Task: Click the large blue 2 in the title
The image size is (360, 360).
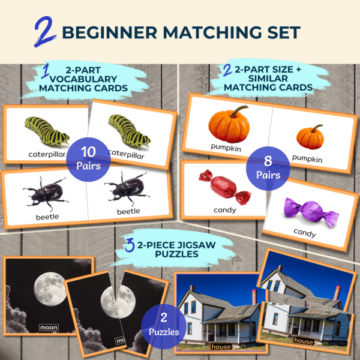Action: (45, 32)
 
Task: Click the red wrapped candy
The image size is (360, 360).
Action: (224, 187)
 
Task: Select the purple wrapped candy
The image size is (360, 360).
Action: (311, 212)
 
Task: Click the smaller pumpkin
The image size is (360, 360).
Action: (310, 137)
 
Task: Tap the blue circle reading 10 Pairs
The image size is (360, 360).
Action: (88, 160)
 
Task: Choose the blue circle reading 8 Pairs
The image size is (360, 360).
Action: (268, 169)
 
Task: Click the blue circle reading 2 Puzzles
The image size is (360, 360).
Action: (164, 326)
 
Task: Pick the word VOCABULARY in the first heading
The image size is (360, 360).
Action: (83, 79)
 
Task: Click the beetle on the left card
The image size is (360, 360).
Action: (46, 193)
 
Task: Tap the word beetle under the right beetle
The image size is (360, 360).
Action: (128, 211)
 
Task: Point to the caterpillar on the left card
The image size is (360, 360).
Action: (47, 131)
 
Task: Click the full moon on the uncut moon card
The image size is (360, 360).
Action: (50, 289)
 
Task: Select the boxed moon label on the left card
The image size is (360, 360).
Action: (49, 328)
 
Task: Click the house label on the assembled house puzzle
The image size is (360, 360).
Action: (221, 347)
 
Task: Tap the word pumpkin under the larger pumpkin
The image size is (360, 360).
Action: (226, 148)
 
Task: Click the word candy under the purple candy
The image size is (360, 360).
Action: (305, 233)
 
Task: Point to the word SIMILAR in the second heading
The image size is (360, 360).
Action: (268, 79)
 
